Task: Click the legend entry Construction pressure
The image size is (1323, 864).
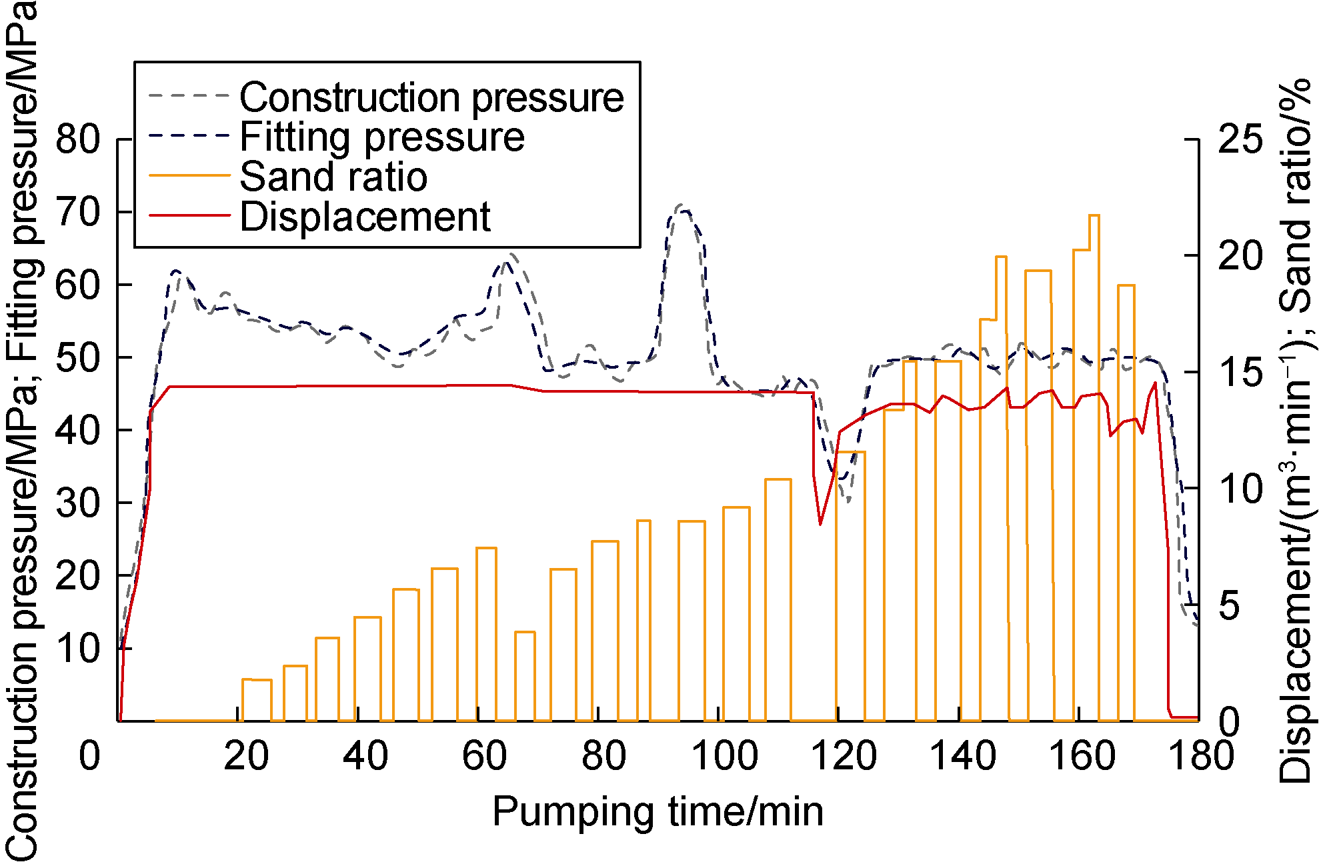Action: point(431,98)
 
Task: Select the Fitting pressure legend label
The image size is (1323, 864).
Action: point(381,137)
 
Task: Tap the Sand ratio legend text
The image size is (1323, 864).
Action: point(333,177)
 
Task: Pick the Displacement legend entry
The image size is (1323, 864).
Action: point(364,217)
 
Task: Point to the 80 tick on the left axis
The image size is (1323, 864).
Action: point(77,140)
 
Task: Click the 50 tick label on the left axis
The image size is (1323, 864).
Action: point(77,358)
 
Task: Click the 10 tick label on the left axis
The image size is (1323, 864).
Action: point(77,649)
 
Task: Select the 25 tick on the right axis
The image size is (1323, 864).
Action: point(1240,140)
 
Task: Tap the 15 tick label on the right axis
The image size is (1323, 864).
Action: point(1240,372)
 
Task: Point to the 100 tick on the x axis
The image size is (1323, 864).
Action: point(724,757)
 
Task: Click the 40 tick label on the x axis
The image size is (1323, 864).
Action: point(365,757)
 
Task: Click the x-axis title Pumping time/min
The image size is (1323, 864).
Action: point(657,812)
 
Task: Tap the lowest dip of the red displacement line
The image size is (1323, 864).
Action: point(820,524)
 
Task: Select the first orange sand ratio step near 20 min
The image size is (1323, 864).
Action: point(257,680)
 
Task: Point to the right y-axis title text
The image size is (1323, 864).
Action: point(1296,430)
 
